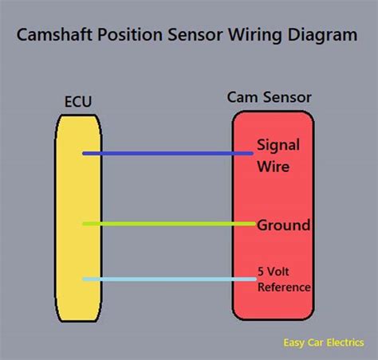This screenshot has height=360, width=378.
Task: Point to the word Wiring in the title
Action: coord(255,35)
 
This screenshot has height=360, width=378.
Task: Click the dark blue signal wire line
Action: coord(167,153)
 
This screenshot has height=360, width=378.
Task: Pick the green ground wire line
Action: coord(167,224)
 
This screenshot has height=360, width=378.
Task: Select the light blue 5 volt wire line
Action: coord(167,279)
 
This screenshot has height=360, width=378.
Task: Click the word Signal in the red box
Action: coord(278,145)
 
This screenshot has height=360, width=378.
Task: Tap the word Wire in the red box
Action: coord(272,167)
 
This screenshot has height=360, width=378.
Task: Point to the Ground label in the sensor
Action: coord(283,225)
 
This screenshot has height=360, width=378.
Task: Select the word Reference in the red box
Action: coord(284,287)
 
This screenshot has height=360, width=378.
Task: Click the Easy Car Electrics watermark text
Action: coord(324,344)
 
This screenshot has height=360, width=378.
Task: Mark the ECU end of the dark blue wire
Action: coord(85,153)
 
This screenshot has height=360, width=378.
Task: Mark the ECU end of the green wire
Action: coord(85,224)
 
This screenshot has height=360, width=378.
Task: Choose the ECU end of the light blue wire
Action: coord(85,279)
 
